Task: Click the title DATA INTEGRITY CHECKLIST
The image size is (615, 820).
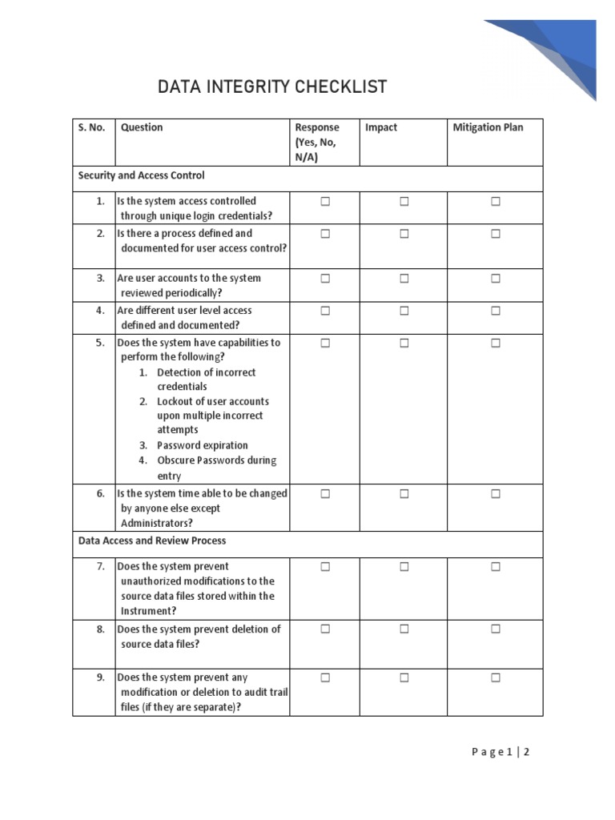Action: [x=272, y=86]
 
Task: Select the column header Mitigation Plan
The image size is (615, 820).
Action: [x=488, y=127]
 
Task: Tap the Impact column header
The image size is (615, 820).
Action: [x=380, y=127]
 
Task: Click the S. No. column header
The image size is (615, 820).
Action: [x=92, y=127]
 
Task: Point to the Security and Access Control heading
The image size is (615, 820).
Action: [x=141, y=175]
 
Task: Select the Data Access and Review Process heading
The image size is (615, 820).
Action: [x=152, y=541]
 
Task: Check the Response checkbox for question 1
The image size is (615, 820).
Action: [x=325, y=202]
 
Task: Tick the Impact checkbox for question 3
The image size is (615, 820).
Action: [x=404, y=279]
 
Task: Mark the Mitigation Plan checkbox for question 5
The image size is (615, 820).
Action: [x=496, y=343]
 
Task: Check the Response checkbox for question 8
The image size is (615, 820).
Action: [x=325, y=629]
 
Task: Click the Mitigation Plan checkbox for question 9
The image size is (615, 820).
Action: [x=496, y=677]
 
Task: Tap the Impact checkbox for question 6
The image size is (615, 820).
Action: [x=404, y=494]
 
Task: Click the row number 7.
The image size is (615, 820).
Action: [x=101, y=566]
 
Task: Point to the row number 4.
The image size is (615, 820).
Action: [x=101, y=311]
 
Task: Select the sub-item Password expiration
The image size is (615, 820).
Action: [x=203, y=445]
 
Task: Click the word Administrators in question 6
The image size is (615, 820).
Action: [x=157, y=523]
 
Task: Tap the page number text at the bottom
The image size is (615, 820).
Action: [x=500, y=752]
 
